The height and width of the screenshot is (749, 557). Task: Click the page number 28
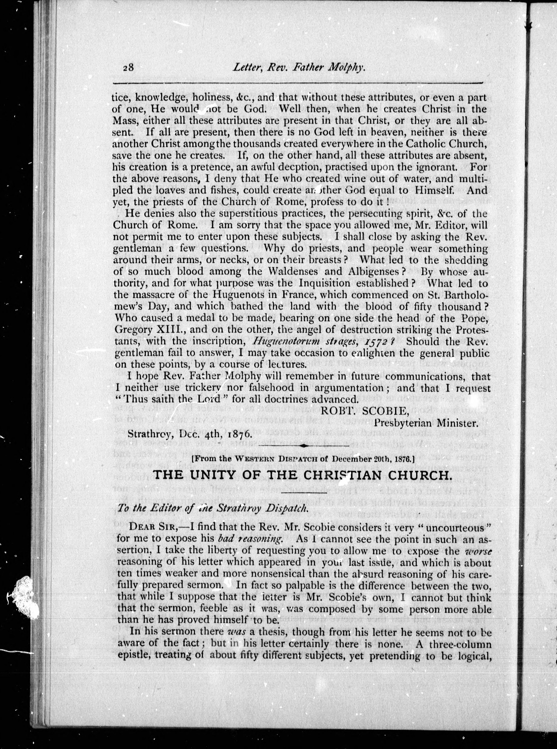click(x=128, y=68)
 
